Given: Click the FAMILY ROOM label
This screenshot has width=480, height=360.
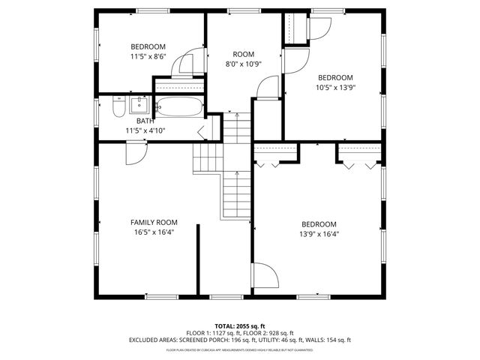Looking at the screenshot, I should pyautogui.click(x=153, y=222).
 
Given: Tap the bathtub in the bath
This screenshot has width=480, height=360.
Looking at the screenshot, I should pyautogui.click(x=179, y=106).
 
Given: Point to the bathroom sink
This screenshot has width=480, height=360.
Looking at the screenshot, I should pyautogui.click(x=140, y=103).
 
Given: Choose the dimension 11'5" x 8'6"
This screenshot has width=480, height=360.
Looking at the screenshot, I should pyautogui.click(x=148, y=55).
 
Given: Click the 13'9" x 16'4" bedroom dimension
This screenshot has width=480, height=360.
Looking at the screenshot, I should pyautogui.click(x=319, y=234).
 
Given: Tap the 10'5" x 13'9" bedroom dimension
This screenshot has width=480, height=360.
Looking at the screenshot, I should pyautogui.click(x=334, y=87).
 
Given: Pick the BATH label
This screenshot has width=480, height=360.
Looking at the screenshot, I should pyautogui.click(x=145, y=121).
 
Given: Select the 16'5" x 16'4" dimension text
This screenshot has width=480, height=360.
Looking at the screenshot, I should pyautogui.click(x=153, y=232).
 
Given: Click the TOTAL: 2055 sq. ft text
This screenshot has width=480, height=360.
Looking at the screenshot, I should pyautogui.click(x=239, y=326).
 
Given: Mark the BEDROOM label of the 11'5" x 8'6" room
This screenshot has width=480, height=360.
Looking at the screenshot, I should pyautogui.click(x=148, y=46).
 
